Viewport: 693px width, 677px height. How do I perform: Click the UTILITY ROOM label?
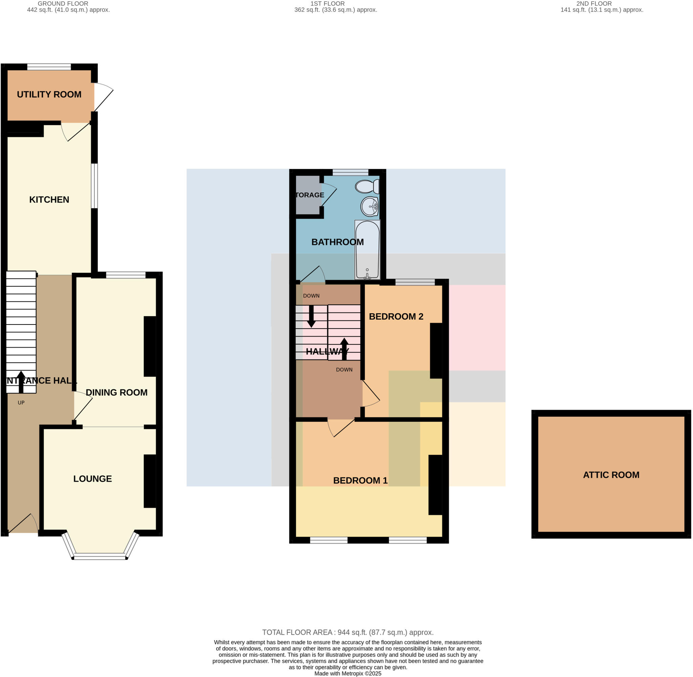click(49, 95)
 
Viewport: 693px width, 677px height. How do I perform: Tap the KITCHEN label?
click(49, 200)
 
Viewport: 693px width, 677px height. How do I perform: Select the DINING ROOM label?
click(116, 392)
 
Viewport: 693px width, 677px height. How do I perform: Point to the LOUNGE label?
click(92, 479)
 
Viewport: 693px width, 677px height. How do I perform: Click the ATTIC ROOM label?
click(611, 475)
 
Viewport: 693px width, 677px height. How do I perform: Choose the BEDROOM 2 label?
click(396, 317)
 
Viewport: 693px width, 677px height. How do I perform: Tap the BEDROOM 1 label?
click(360, 481)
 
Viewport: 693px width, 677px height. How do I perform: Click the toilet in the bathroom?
click(367, 186)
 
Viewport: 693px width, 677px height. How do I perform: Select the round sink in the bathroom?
click(370, 207)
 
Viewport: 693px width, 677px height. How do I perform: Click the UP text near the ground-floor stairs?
click(21, 403)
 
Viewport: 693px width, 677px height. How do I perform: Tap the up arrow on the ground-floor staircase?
click(21, 382)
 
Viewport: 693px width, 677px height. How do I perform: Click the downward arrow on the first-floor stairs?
click(311, 316)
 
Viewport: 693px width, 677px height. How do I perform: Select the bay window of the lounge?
click(100, 556)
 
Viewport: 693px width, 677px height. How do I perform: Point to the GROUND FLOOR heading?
click(63, 4)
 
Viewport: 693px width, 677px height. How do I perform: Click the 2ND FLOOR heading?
click(594, 4)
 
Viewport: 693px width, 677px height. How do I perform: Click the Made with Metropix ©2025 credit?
click(348, 673)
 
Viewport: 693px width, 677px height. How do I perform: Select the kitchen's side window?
click(94, 186)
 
